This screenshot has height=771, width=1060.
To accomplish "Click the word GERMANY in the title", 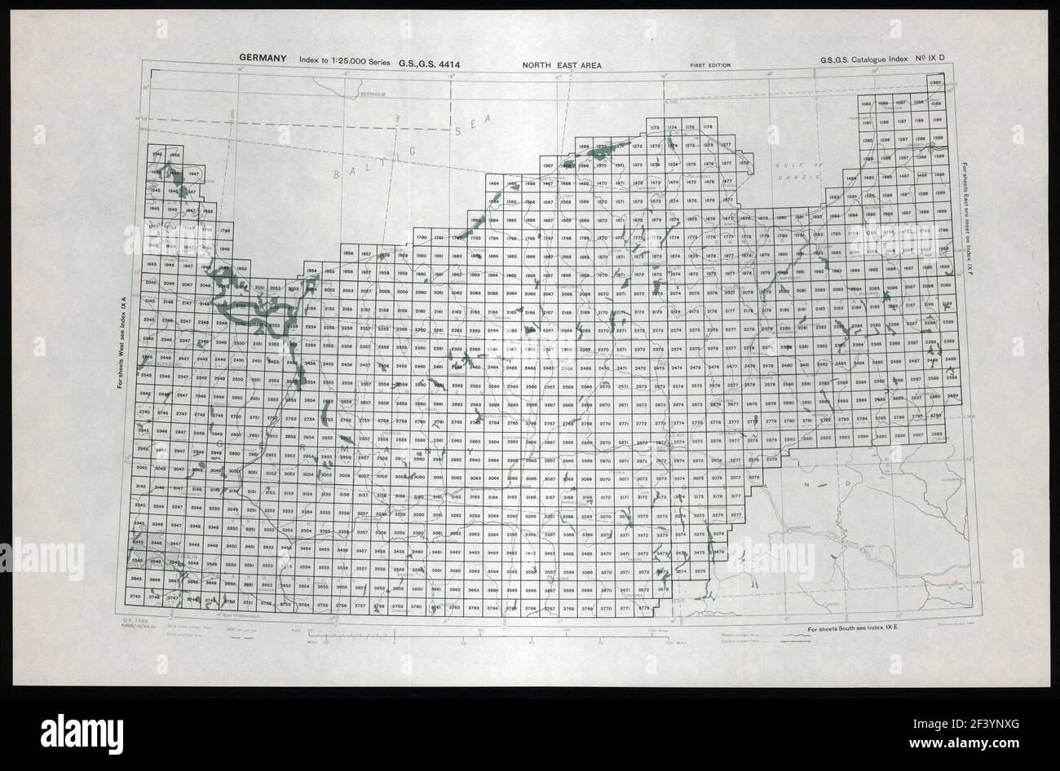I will [263, 58].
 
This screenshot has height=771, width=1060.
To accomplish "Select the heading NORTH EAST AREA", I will [563, 64].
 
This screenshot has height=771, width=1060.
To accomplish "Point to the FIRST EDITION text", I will [709, 65].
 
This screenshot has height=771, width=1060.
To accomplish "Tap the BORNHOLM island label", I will [375, 95].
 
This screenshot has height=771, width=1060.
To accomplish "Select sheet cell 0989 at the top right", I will [936, 84].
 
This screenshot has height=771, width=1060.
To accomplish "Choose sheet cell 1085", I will [867, 103].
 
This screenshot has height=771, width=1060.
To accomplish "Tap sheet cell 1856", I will [348, 254].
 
